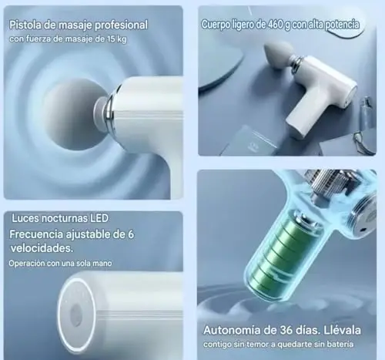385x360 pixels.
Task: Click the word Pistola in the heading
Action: pos(25,25)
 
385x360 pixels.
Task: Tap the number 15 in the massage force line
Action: pos(112,39)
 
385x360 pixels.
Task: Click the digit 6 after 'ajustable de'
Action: pos(131,234)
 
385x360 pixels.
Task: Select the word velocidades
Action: pos(42,248)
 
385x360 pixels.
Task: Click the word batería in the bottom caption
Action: pos(340,344)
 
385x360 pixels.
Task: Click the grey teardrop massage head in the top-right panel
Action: pos(278,56)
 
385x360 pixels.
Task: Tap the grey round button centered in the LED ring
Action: pos(76,315)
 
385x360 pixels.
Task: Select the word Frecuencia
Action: pos(36,234)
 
